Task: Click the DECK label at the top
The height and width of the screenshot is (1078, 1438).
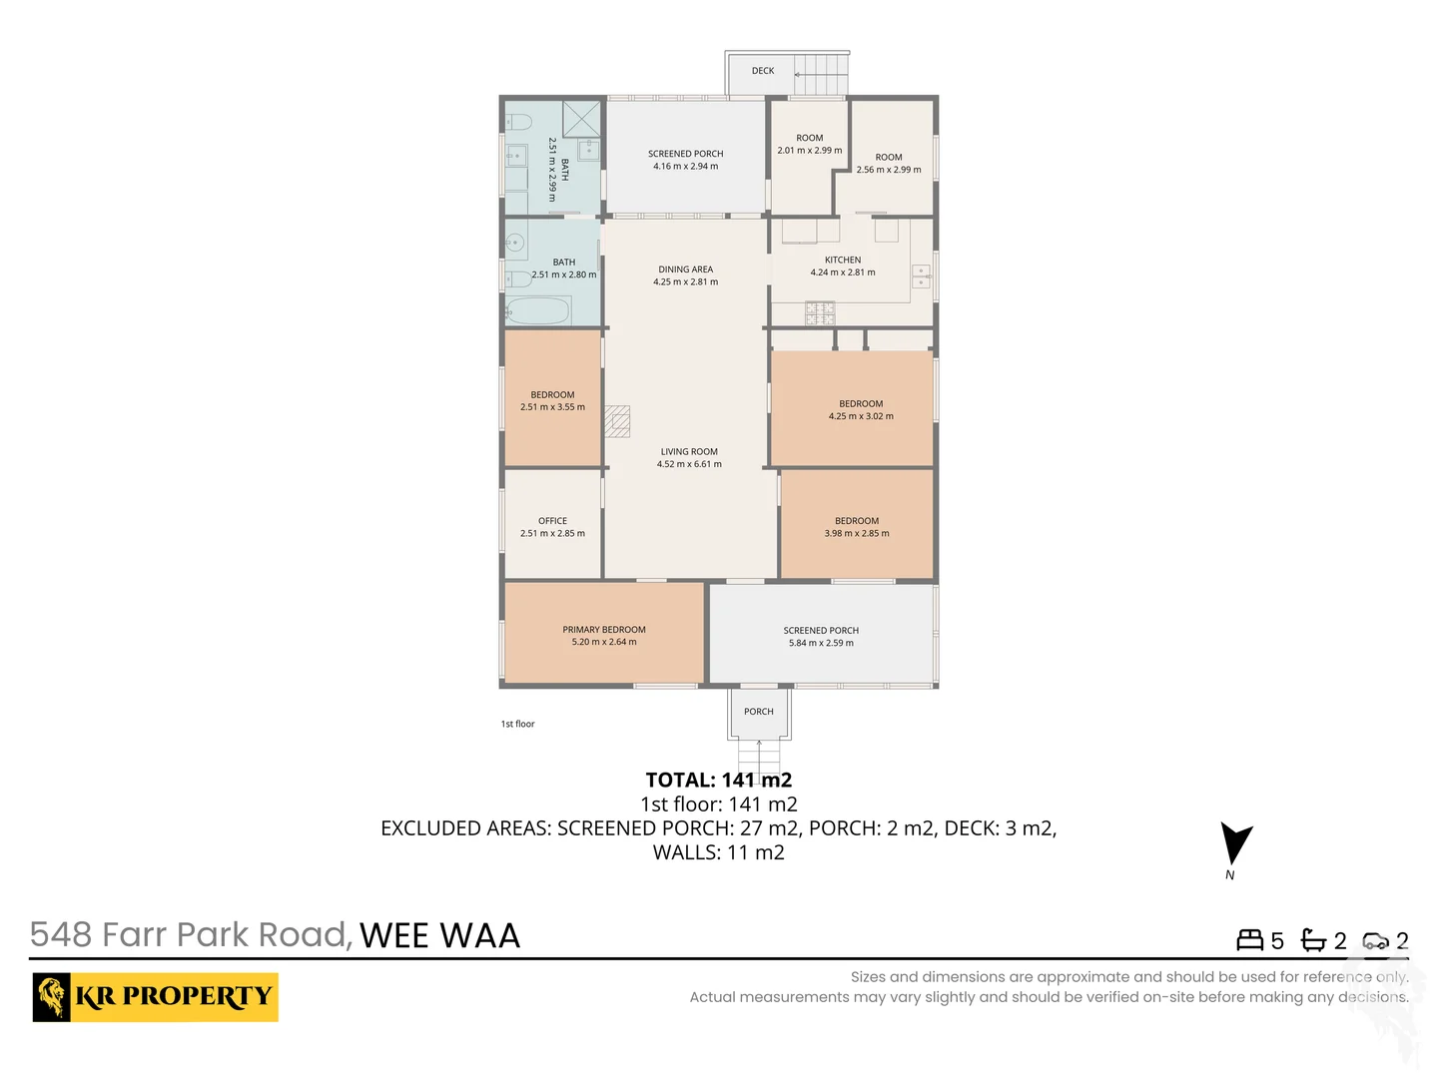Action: click(763, 71)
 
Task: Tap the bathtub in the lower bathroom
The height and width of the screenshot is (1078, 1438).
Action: click(537, 310)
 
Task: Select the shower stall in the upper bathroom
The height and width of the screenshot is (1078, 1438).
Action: click(581, 119)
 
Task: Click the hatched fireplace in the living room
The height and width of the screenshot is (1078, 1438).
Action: click(617, 421)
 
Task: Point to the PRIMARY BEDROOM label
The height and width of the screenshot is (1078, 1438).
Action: click(604, 630)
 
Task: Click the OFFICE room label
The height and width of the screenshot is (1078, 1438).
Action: click(552, 521)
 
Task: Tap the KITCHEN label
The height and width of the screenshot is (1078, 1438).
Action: click(843, 260)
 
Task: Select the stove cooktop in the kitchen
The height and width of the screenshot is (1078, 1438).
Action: click(820, 314)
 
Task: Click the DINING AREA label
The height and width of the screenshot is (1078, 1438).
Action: click(686, 269)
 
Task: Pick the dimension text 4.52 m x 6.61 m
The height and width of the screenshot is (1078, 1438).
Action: click(689, 464)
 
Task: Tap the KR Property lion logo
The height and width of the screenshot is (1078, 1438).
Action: click(52, 996)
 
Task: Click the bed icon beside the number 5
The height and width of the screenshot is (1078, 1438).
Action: click(1249, 940)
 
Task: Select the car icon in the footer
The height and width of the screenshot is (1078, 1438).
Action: click(1375, 940)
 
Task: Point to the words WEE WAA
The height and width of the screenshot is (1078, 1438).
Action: click(439, 935)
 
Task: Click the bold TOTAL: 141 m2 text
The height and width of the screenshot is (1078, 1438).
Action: click(719, 780)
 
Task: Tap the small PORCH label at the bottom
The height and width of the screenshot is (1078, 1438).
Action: click(759, 712)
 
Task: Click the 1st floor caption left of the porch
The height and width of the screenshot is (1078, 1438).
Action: click(517, 724)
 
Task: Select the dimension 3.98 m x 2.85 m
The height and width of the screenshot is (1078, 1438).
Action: click(857, 533)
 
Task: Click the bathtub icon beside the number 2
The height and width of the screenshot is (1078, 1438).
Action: click(1313, 940)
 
